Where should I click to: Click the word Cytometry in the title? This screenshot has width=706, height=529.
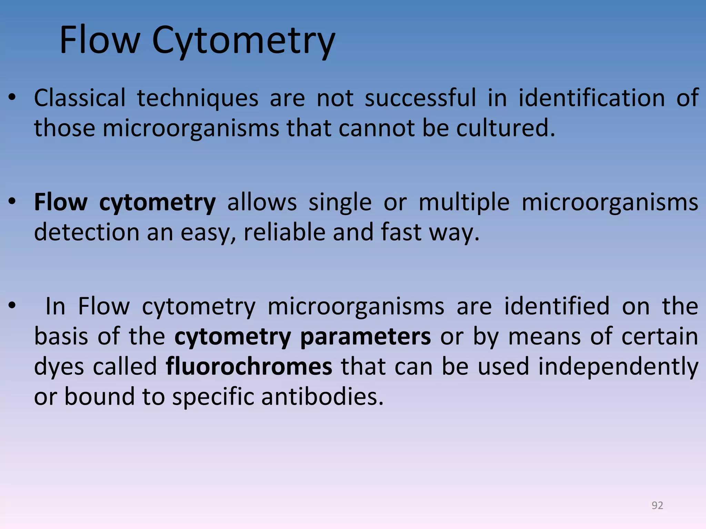click(x=243, y=41)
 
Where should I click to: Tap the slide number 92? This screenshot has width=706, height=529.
click(x=657, y=505)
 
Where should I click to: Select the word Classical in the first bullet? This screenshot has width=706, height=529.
click(x=80, y=98)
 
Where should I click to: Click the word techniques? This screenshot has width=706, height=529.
click(x=198, y=98)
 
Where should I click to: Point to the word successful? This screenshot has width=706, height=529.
click(x=420, y=98)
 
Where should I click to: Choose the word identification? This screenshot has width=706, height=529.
click(x=592, y=98)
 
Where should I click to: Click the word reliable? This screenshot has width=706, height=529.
click(x=284, y=232)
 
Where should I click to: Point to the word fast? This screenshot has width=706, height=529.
click(x=401, y=232)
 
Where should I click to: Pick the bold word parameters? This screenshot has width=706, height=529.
click(x=365, y=337)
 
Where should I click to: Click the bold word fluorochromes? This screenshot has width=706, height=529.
click(x=249, y=366)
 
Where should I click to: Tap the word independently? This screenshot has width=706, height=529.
click(x=618, y=367)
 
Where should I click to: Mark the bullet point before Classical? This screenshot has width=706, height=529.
click(x=12, y=98)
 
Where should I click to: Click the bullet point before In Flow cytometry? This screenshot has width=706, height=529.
click(x=12, y=306)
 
